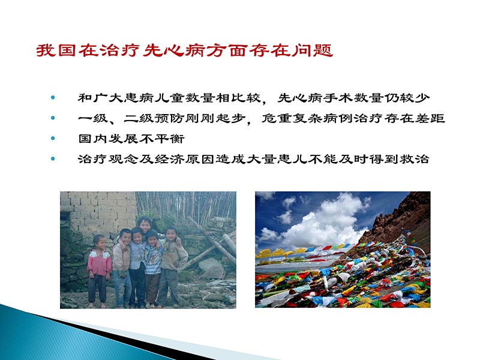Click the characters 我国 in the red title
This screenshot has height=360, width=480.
click(x=55, y=50)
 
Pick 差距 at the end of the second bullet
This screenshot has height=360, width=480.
click(x=431, y=118)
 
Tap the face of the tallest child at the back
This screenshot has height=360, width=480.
click(x=144, y=223)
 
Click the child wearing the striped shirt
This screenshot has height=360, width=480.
click(x=152, y=261)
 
